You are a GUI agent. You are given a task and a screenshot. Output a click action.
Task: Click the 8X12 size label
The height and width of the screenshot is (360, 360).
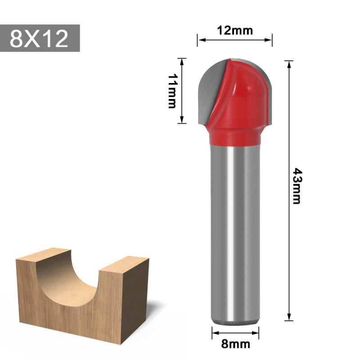[40, 38]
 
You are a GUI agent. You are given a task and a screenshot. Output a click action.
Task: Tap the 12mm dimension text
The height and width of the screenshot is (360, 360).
[234, 30]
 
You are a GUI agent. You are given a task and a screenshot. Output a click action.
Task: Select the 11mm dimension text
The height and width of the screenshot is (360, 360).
[171, 91]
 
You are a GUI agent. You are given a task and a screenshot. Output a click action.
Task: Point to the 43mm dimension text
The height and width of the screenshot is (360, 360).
[297, 186]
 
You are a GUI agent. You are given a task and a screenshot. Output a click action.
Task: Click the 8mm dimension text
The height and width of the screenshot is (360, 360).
[235, 344]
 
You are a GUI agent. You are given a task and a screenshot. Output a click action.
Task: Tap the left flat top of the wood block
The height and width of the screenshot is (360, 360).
[43, 254]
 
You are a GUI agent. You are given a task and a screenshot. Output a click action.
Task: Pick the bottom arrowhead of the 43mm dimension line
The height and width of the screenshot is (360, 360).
[289, 318]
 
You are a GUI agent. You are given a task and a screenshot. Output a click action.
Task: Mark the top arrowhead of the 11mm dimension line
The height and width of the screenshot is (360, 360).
[182, 61]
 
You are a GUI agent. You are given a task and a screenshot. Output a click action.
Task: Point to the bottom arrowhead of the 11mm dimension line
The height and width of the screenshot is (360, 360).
[182, 120]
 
